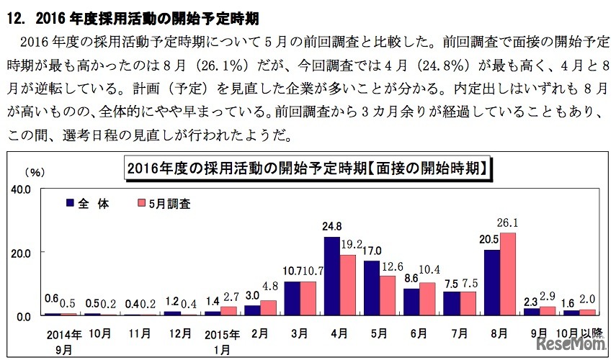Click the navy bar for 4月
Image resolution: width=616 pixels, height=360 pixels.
(x=332, y=276)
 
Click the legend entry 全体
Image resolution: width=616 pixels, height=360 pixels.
(x=87, y=204)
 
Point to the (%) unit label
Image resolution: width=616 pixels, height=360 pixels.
(x=34, y=172)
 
